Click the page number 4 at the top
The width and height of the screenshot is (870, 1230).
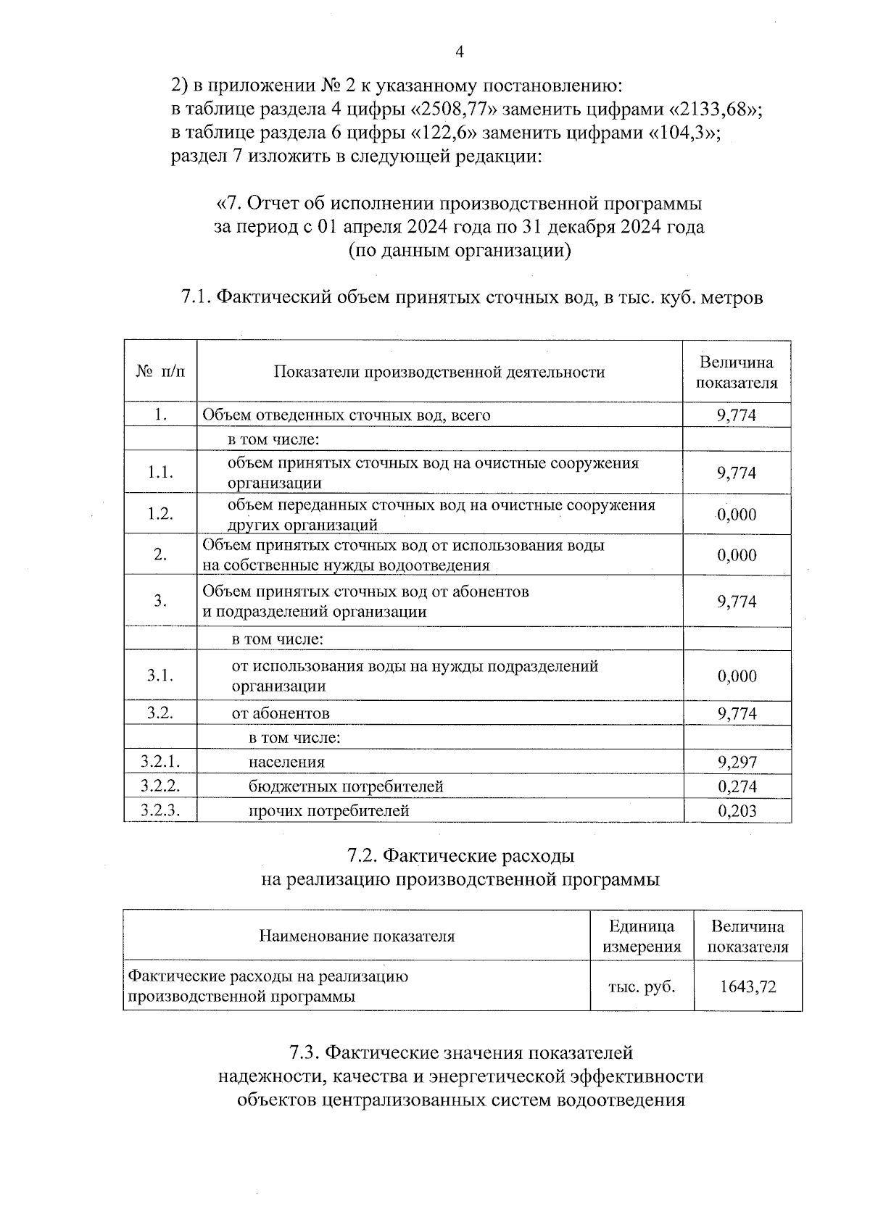(457, 51)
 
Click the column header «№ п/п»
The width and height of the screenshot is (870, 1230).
(160, 372)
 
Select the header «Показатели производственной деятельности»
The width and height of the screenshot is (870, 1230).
(439, 373)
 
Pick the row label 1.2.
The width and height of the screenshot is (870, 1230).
(160, 514)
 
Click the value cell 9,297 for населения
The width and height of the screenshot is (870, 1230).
(737, 762)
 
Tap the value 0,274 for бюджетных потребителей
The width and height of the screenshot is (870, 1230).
(737, 786)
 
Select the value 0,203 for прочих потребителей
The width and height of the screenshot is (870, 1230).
(737, 811)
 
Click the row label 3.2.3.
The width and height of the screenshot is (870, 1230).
(160, 810)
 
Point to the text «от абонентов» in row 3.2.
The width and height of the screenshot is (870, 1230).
(281, 713)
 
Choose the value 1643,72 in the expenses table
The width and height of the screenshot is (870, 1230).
(747, 986)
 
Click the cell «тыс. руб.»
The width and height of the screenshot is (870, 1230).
(642, 986)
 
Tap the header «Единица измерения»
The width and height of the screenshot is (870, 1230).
(642, 936)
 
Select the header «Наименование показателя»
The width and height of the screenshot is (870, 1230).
(357, 936)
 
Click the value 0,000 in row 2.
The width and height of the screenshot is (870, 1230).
(737, 555)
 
